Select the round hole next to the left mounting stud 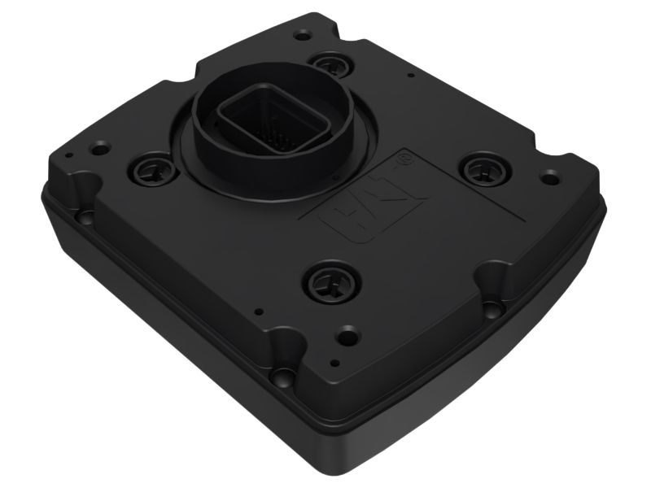point(100,150)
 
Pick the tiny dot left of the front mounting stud point(257,309)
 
